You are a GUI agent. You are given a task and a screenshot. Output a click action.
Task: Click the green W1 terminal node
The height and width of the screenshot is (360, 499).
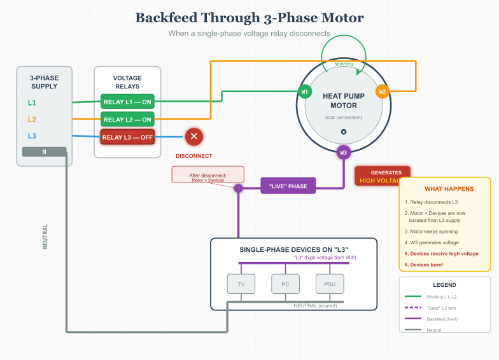(305, 92)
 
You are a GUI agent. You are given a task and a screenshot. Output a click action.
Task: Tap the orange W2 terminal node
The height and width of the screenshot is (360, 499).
(382, 92)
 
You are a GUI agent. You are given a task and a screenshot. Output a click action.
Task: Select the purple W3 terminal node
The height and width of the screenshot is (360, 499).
(344, 152)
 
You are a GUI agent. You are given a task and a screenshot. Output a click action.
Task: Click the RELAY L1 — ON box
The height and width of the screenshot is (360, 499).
(127, 102)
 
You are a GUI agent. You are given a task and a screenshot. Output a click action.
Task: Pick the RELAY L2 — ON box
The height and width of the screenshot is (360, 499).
(127, 120)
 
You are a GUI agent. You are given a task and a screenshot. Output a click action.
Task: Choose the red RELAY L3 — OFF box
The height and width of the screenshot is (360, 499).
(127, 137)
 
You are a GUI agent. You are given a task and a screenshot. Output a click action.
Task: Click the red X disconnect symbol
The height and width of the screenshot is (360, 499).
(194, 136)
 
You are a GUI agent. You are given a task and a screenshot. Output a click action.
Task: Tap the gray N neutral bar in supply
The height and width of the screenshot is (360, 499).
(44, 151)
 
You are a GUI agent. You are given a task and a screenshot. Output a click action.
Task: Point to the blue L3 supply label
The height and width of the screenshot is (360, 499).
(32, 136)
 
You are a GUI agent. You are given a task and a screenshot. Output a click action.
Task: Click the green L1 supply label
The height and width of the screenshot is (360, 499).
(32, 102)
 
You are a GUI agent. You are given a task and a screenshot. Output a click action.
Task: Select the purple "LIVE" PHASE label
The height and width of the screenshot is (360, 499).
(288, 186)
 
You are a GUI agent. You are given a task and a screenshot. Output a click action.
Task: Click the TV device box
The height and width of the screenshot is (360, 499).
(241, 284)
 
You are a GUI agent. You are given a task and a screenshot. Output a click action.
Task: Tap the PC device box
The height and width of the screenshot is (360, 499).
(285, 284)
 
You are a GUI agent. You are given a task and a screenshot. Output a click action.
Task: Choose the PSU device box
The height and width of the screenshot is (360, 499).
(329, 284)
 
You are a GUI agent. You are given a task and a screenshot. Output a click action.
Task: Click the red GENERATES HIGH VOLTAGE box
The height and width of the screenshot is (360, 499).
(382, 176)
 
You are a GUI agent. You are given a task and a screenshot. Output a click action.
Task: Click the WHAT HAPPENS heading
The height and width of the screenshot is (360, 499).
(449, 189)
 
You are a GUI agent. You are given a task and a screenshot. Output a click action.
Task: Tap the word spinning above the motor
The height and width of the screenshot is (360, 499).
(344, 64)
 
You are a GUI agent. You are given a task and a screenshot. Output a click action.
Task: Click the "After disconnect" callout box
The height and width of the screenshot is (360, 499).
(207, 175)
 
